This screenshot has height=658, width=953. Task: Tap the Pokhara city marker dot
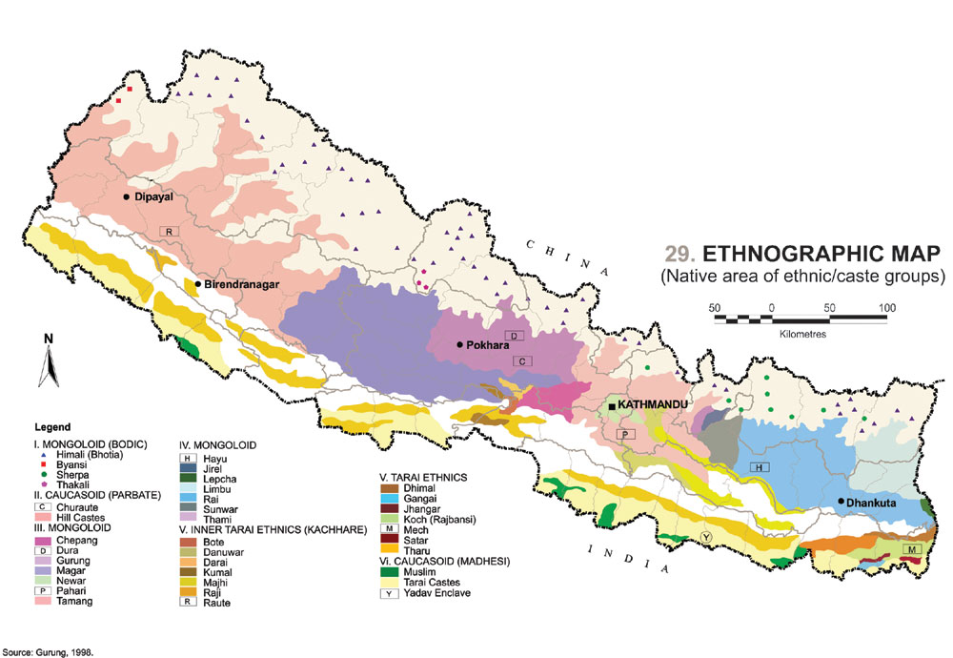point(459,345)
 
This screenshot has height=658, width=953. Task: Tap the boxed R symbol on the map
point(169,232)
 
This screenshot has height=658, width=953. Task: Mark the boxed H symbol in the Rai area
point(759,467)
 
